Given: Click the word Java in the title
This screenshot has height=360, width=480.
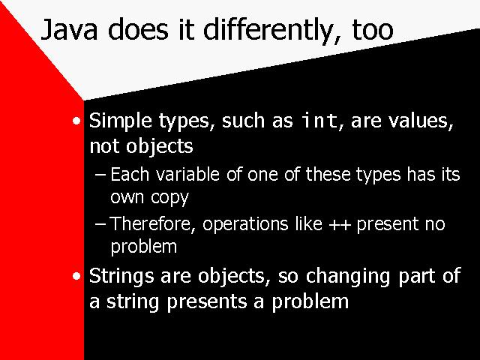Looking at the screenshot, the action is pyautogui.click(x=69, y=30).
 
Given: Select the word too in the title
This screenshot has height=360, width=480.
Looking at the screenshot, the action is pyautogui.click(x=373, y=31).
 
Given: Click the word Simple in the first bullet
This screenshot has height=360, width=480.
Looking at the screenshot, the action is pyautogui.click(x=120, y=121).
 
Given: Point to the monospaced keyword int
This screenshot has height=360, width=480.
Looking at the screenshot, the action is pyautogui.click(x=319, y=120).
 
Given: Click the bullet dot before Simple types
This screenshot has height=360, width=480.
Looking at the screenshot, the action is pyautogui.click(x=76, y=121).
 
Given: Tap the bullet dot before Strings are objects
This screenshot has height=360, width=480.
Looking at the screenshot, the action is pyautogui.click(x=76, y=277).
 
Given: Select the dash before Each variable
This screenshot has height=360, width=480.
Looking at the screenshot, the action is pyautogui.click(x=100, y=175).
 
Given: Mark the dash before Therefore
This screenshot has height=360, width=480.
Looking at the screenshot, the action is pyautogui.click(x=100, y=224).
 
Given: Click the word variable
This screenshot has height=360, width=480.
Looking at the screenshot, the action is pyautogui.click(x=187, y=174).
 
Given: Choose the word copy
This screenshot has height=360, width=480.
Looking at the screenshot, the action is pyautogui.click(x=169, y=198).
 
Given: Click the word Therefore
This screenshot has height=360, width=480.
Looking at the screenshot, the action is pyautogui.click(x=152, y=223).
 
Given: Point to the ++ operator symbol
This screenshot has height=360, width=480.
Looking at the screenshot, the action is pyautogui.click(x=340, y=224).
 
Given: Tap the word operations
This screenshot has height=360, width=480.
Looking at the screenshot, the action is pyautogui.click(x=245, y=224).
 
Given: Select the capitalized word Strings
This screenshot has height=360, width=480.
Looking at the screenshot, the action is pyautogui.click(x=121, y=277).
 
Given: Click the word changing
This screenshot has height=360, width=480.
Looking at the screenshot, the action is pyautogui.click(x=348, y=277).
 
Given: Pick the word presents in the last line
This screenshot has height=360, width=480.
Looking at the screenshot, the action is pyautogui.click(x=207, y=302).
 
